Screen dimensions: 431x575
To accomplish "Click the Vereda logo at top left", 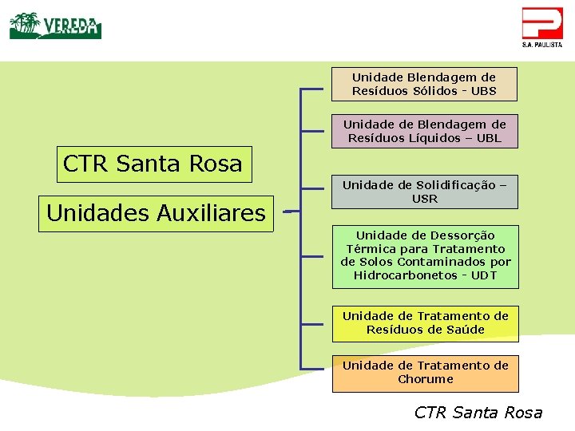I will [55, 26].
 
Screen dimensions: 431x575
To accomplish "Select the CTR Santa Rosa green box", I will [153, 164].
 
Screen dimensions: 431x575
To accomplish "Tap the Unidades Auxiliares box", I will [157, 213].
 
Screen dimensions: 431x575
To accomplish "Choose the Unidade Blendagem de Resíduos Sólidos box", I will [424, 84].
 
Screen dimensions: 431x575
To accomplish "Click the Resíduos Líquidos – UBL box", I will [424, 131].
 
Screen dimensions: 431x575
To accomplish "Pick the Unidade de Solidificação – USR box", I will [424, 192].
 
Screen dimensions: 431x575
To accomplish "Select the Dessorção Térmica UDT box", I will [425, 255].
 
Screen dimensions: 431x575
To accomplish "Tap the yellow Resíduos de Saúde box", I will [425, 322].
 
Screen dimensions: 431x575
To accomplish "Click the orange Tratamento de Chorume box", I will [425, 373].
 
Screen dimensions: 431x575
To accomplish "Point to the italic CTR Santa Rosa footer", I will [478, 413].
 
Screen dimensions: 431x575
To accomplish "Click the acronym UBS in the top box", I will [483, 91].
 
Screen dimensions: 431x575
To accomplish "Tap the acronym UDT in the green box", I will [483, 275].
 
